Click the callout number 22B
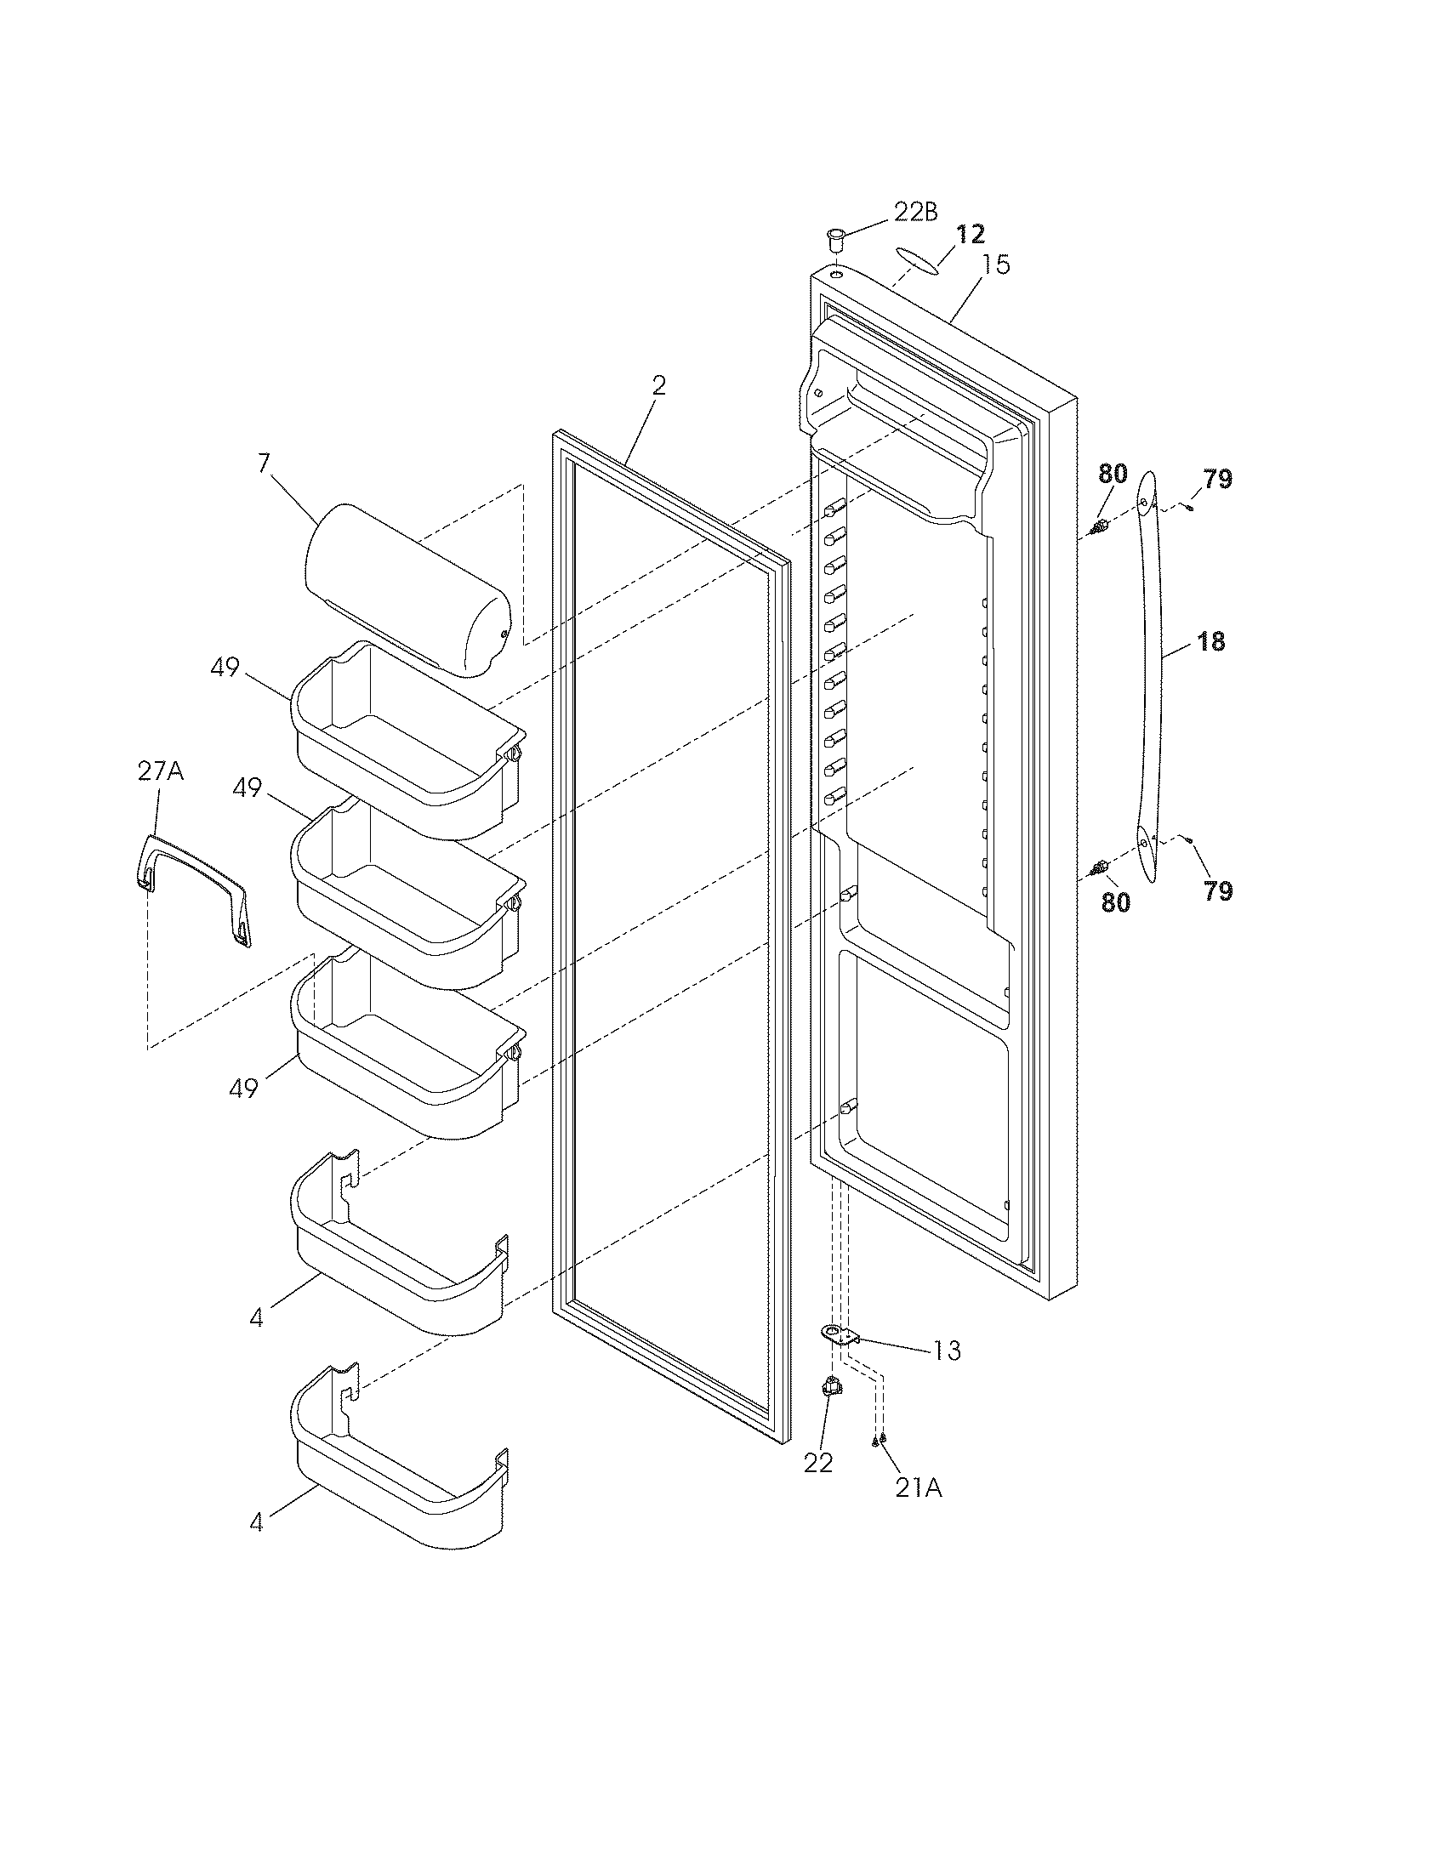pyautogui.click(x=915, y=213)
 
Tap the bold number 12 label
pyautogui.click(x=971, y=233)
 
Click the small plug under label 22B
pyautogui.click(x=835, y=236)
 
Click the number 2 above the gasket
pyautogui.click(x=658, y=385)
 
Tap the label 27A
pyautogui.click(x=161, y=772)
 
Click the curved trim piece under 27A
pyautogui.click(x=196, y=891)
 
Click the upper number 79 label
pyautogui.click(x=1217, y=480)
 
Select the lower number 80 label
pyautogui.click(x=1115, y=902)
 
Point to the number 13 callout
pyautogui.click(x=947, y=1351)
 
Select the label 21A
pyautogui.click(x=919, y=1489)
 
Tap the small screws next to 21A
pyautogui.click(x=878, y=1440)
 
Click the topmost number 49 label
pyautogui.click(x=225, y=667)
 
